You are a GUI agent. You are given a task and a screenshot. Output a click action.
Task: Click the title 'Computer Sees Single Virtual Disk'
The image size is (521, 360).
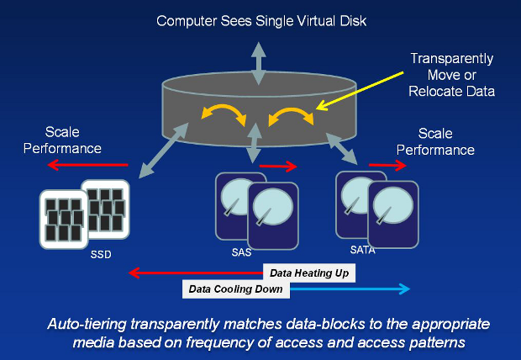click(x=260, y=19)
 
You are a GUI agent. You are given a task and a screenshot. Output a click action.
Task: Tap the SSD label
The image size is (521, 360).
click(x=101, y=254)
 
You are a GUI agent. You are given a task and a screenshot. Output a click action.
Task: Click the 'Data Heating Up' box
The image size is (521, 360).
click(x=310, y=273)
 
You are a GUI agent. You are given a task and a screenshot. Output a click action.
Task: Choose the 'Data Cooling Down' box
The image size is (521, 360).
click(x=236, y=289)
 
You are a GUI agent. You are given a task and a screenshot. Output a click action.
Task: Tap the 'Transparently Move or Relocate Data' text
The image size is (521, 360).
click(x=452, y=74)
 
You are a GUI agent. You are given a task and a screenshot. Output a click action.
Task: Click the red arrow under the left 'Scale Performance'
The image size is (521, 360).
click(x=87, y=166)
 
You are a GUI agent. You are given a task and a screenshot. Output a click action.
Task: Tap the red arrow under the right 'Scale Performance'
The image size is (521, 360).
click(x=400, y=166)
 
